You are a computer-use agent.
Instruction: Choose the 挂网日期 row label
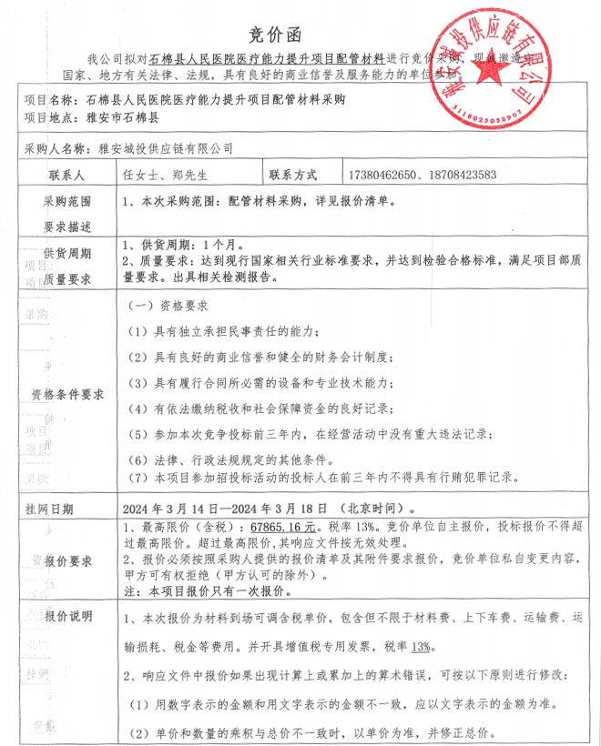[x=50, y=508]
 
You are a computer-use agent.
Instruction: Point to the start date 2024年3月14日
[x=168, y=508]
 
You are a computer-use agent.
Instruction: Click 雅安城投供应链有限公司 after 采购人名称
[x=159, y=146]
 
